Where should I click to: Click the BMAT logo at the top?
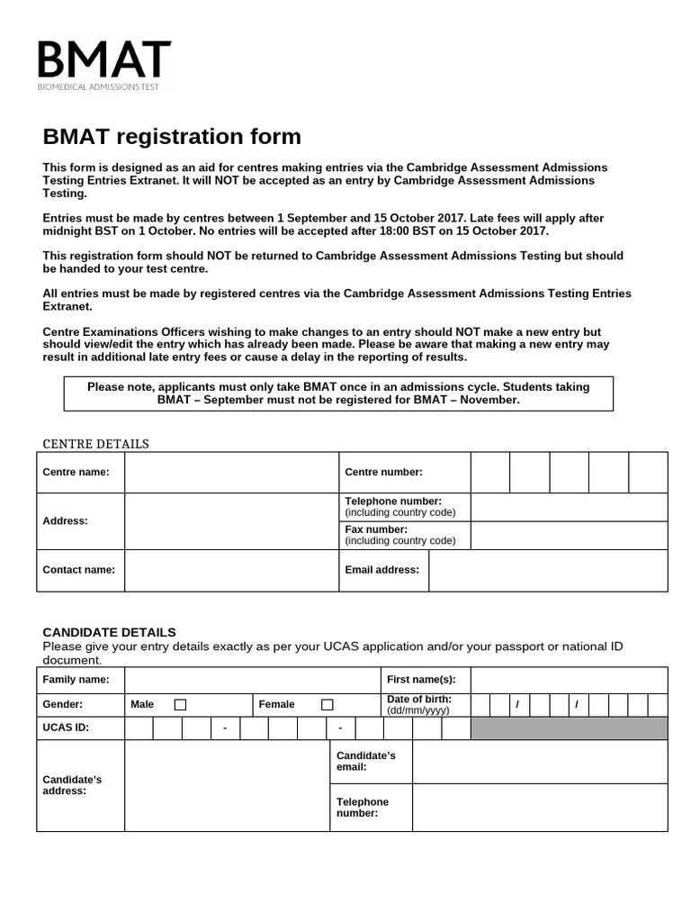[103, 64]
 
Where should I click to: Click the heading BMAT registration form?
[172, 137]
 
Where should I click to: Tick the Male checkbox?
[180, 705]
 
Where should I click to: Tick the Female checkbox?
[327, 705]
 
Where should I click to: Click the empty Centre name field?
[231, 473]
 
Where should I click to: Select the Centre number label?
[383, 473]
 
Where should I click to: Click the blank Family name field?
[252, 680]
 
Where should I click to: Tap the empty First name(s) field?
[569, 680]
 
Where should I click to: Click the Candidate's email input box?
[540, 762]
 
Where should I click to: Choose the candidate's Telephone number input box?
[540, 808]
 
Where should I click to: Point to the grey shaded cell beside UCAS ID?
[569, 728]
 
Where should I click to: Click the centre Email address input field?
[548, 570]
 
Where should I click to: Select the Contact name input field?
[231, 570]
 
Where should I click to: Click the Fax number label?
[376, 529]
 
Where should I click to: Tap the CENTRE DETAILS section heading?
[96, 444]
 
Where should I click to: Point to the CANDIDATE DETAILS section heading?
[110, 632]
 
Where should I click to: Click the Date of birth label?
[419, 700]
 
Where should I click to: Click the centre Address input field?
[231, 521]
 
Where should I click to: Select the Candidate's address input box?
[227, 785]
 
